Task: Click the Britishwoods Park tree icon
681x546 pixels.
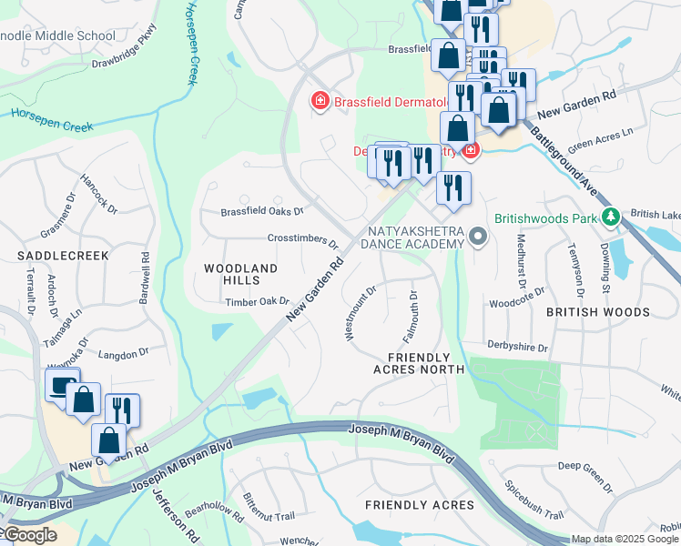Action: pyautogui.click(x=612, y=217)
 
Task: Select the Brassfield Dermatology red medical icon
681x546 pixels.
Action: pyautogui.click(x=320, y=101)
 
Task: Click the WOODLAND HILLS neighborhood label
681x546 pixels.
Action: pyautogui.click(x=239, y=274)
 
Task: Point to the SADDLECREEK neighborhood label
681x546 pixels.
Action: pyautogui.click(x=63, y=257)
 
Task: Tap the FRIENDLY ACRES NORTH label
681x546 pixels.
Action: pyautogui.click(x=419, y=363)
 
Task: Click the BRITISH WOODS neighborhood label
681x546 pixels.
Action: pyautogui.click(x=597, y=312)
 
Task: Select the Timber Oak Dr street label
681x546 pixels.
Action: pyautogui.click(x=257, y=302)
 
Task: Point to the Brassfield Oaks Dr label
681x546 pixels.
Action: pyautogui.click(x=262, y=211)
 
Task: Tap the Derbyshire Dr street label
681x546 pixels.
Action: pyautogui.click(x=517, y=348)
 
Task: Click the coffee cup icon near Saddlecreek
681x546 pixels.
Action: pyautogui.click(x=62, y=386)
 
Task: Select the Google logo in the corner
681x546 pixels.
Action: pyautogui.click(x=29, y=535)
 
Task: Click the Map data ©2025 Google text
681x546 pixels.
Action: pyautogui.click(x=625, y=539)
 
